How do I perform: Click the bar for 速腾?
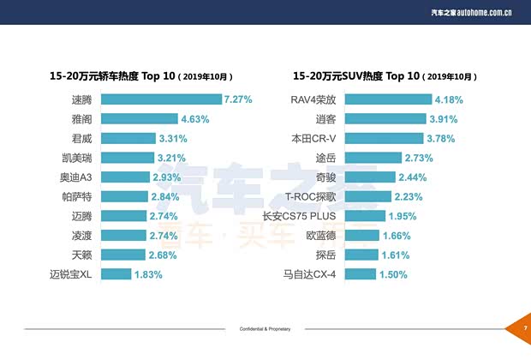coord(161,99)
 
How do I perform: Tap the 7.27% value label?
coord(238,99)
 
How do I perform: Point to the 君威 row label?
coord(81,138)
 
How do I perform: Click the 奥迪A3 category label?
coord(75,177)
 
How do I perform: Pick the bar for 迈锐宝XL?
coord(116,274)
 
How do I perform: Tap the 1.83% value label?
coord(148,274)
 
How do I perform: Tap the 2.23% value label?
coord(409,196)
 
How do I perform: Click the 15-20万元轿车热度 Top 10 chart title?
coord(141,76)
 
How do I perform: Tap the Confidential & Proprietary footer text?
coord(265,328)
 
